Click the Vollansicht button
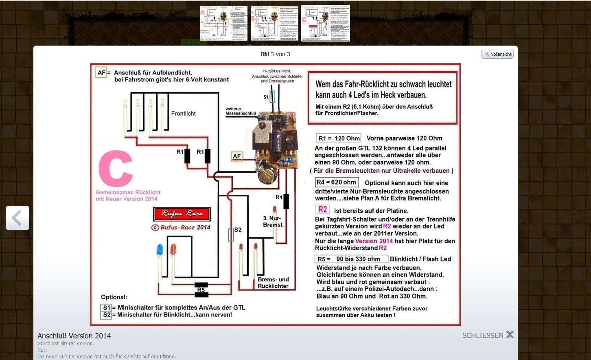coord(497,54)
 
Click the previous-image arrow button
coord(18,218)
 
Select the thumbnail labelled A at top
coord(223,23)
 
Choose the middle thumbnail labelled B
coord(275,23)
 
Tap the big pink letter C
coord(116,169)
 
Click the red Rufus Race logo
coord(182,214)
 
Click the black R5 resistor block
coord(201,290)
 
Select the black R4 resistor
coord(286,201)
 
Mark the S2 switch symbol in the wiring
coord(231,235)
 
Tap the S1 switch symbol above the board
coord(272,97)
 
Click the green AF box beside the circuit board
coord(236,156)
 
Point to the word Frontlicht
coord(183,114)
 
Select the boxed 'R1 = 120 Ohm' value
coord(339,138)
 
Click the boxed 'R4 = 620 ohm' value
coord(337,182)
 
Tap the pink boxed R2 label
coord(322,209)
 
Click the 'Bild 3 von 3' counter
coord(276,54)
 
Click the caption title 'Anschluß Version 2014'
coord(74,336)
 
